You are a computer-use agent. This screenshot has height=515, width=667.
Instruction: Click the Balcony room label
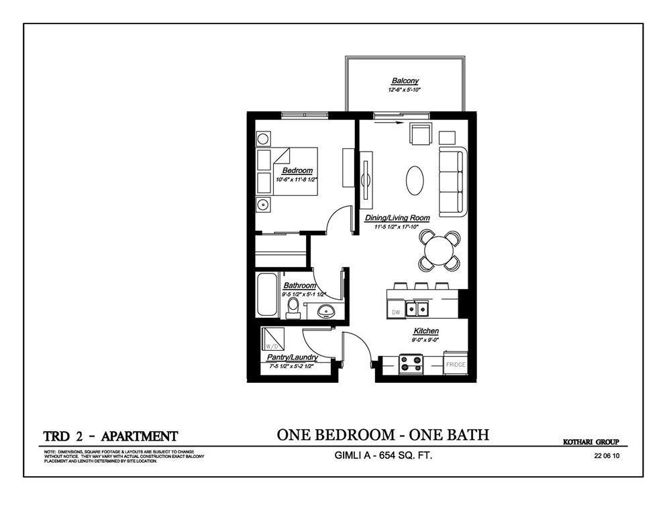[405, 81]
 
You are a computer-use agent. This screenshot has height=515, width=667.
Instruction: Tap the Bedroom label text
[297, 171]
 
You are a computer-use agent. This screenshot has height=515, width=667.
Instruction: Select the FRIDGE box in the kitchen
[456, 365]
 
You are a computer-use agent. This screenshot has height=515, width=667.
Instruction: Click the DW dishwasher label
[396, 312]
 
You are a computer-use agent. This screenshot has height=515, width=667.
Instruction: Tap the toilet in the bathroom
[293, 308]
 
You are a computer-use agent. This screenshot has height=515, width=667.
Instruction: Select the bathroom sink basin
[326, 310]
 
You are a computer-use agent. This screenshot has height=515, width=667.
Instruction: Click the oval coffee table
[415, 180]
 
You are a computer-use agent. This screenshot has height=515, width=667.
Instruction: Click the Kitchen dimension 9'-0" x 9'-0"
[425, 340]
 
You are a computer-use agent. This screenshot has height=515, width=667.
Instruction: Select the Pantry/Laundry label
[292, 357]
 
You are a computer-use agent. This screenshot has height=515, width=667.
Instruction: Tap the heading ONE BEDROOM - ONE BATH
[382, 435]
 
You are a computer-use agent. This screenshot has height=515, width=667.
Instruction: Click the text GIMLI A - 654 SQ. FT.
[382, 456]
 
